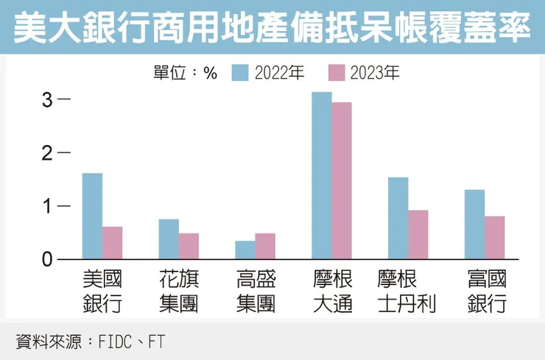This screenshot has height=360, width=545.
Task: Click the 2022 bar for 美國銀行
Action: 92,216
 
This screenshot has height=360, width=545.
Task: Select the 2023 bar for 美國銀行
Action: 112,243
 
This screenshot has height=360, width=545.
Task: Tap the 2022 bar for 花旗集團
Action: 169,239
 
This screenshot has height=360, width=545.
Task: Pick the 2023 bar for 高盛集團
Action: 265,246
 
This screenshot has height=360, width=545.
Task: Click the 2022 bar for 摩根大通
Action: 322,175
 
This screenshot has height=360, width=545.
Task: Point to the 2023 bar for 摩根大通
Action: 342,180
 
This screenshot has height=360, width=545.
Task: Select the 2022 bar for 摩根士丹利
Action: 398,218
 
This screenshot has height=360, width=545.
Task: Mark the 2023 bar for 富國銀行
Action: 495,237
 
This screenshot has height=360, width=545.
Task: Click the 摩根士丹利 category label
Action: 406,292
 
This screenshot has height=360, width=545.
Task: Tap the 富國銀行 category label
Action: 487,292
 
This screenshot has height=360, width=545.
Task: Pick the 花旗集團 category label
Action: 178,292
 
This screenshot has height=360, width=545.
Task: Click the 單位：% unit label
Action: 186,73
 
